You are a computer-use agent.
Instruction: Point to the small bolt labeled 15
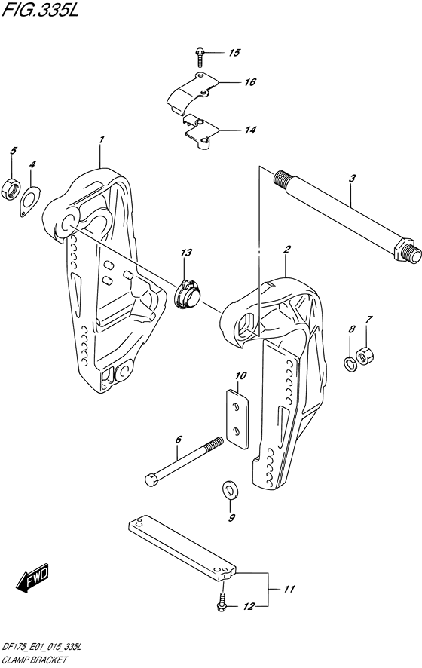(199, 54)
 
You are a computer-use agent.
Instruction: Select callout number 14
(250, 130)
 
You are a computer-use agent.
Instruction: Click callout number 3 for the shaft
(352, 179)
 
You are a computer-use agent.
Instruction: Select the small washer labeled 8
(350, 364)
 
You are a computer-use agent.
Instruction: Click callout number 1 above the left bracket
(101, 139)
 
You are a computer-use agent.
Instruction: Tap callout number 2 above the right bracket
(287, 249)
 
